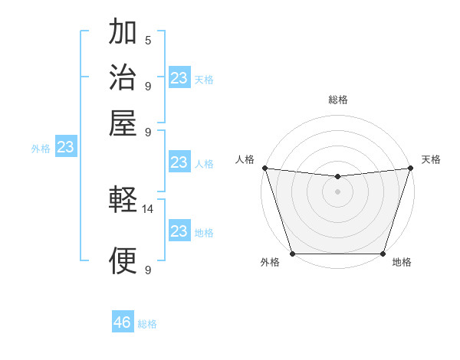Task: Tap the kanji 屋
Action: point(123,123)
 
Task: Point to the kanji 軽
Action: point(123,201)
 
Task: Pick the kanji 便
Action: point(123,260)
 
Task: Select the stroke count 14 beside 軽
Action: point(148,208)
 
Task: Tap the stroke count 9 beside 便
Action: point(148,270)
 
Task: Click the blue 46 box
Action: point(123,322)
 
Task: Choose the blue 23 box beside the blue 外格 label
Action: point(66,147)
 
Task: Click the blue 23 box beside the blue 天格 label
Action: point(179,78)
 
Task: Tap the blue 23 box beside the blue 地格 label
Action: point(179,231)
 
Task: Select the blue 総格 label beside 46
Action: point(147,324)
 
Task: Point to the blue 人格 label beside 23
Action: point(204,163)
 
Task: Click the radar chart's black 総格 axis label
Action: point(337,100)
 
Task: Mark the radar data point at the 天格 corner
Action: point(410,168)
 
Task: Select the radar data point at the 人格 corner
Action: point(264,168)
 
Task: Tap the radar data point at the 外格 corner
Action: point(292,254)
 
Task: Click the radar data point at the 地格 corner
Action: point(383,254)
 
